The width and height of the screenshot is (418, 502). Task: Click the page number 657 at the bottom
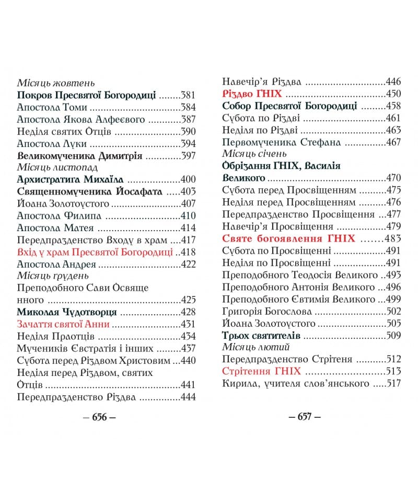coord(305,417)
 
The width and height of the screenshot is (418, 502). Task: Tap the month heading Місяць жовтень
coord(56,83)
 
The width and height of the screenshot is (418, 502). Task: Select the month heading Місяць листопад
coord(57,167)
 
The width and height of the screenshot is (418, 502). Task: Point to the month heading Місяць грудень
coord(53,276)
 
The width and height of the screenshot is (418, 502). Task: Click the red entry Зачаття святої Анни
coord(63,324)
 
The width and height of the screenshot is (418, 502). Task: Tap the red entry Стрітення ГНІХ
coord(261,371)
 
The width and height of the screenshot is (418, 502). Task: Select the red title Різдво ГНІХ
coord(252,94)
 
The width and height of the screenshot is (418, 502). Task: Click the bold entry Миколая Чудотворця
coord(66,312)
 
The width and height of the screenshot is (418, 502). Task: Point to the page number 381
coord(188,95)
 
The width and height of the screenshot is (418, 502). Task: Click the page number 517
coord(393,383)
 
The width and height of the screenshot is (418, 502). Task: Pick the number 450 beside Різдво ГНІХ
coord(393,94)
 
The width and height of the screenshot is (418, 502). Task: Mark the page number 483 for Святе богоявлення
coord(393,238)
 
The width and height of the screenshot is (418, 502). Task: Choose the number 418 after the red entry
coord(188,252)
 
